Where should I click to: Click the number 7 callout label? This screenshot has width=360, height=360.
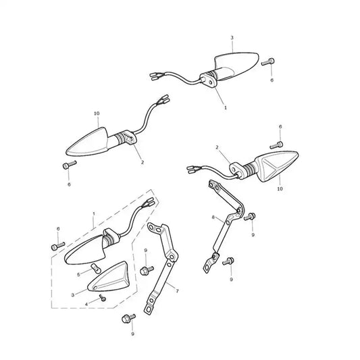pos(177,291)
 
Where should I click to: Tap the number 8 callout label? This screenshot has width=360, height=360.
pos(213,217)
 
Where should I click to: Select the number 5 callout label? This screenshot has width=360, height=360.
pos(78,275)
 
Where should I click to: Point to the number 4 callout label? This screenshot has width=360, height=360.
pos(86,305)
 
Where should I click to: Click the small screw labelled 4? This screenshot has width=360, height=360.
pos(103,298)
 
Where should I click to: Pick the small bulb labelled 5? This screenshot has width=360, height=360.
pos(95,268)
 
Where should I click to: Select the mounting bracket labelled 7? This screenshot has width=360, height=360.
pos(161,267)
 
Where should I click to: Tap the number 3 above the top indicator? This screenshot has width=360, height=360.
pos(232,38)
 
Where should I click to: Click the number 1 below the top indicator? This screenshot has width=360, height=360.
pos(225,107)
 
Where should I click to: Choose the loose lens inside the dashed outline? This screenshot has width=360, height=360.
pos(107,277)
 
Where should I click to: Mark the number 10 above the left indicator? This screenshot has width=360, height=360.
pos(97,113)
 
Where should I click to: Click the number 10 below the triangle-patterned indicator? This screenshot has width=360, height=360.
pos(280,188)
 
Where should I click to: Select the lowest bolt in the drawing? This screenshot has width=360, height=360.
pos(128,318)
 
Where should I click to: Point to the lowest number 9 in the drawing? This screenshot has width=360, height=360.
pos(132,334)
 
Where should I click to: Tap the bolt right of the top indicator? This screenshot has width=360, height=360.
pos(267,61)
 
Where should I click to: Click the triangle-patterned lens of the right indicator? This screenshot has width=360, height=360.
pos(278,165)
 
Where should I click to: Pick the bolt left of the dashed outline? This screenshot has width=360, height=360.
pos(58,246)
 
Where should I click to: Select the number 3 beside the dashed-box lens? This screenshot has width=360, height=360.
pos(73,295)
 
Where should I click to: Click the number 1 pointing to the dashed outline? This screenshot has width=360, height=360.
pos(94,213)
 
